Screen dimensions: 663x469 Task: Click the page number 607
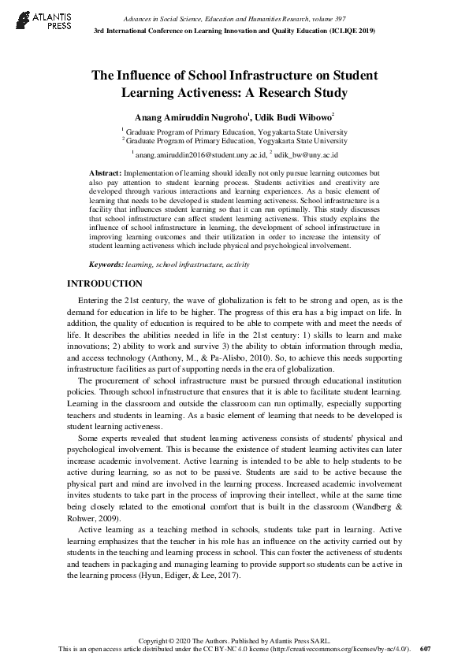click(426, 649)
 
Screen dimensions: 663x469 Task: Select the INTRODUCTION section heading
click(105, 283)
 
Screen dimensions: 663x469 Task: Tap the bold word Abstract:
click(105, 172)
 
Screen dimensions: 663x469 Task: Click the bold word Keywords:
click(106, 265)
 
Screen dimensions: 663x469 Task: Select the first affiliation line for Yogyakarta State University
click(234, 132)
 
